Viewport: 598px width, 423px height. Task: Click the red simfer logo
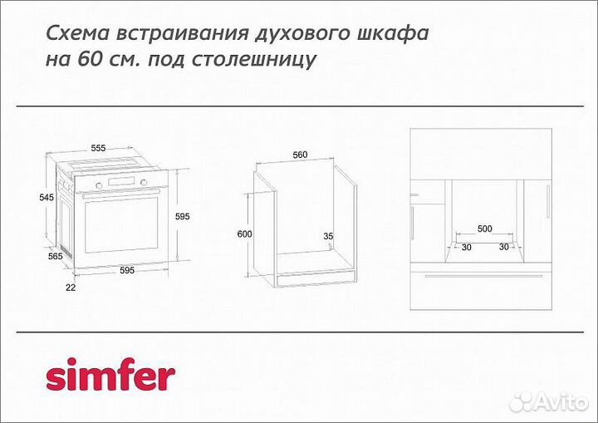tap(110, 376)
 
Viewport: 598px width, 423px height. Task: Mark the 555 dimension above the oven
tap(98, 148)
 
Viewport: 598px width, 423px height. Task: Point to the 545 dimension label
tap(47, 198)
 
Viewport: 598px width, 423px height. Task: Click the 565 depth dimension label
tap(56, 257)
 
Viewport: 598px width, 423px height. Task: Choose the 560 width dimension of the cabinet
tap(301, 155)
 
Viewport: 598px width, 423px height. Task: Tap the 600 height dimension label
tap(244, 234)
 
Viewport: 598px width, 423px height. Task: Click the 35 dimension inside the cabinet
tap(328, 237)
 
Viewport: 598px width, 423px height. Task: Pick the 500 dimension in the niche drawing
tap(484, 229)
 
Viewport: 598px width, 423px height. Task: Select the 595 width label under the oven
tap(127, 270)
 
